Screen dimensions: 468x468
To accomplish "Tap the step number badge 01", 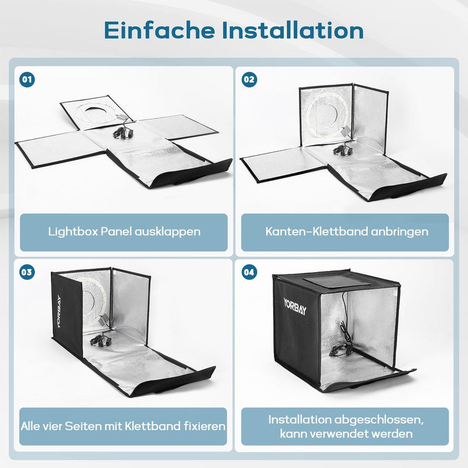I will pos(26,80).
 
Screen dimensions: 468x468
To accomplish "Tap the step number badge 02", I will pos(249,80).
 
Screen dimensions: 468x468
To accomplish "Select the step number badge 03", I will pos(26,272).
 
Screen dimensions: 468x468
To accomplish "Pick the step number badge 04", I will pos(249,272).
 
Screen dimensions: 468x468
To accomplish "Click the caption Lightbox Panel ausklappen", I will pos(124,232).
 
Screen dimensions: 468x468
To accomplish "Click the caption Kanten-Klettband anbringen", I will pos(347,232).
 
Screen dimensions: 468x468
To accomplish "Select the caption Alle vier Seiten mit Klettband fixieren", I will pos(124,426).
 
